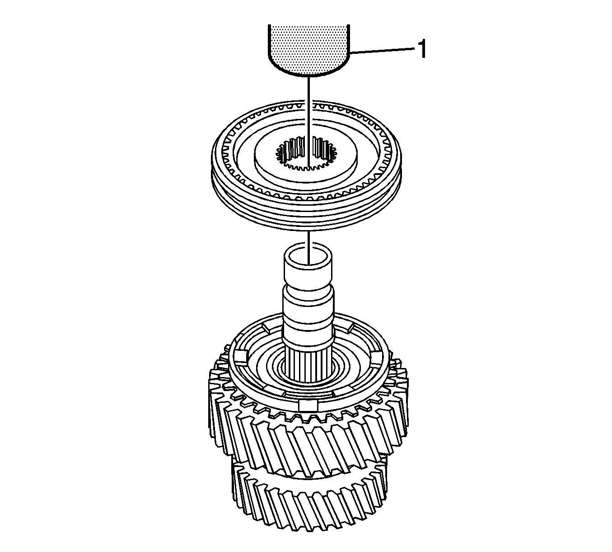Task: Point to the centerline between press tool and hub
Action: [x=309, y=122]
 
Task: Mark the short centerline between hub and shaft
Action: [x=309, y=247]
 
